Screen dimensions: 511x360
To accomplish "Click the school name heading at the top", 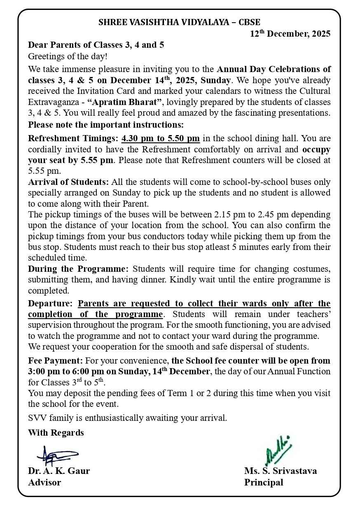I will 179,23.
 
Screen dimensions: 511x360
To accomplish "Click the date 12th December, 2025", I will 290,34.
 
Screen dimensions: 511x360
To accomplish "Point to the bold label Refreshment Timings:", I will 74,138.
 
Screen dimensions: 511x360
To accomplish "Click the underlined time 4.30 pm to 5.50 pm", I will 161,138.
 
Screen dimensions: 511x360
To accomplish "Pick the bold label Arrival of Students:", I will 68,182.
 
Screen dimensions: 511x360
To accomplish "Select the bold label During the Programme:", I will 78,269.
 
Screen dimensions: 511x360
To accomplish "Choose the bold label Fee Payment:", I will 56,361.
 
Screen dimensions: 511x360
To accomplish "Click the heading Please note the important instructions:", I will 106,124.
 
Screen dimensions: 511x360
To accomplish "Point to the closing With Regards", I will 56,433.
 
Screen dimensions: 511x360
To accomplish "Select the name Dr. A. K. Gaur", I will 59,471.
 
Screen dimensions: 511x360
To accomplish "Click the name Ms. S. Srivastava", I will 281,471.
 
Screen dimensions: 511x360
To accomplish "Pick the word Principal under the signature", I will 264,483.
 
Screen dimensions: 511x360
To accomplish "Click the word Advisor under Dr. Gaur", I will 44,483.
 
